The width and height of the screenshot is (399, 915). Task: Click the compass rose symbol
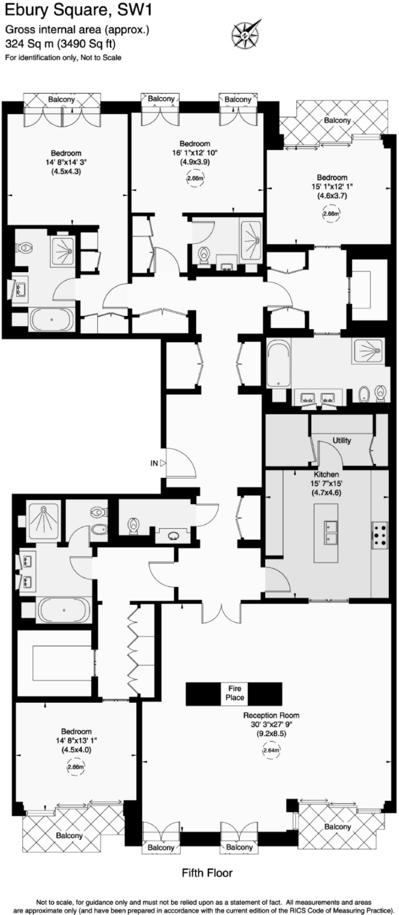tap(245, 34)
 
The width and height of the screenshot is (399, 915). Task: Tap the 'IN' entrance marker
tap(154, 463)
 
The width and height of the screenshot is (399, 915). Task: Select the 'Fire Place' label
tap(235, 693)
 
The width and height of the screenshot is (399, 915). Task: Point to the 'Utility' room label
tap(342, 441)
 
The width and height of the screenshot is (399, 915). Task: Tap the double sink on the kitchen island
tap(331, 533)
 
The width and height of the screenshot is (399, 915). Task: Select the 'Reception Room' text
tap(271, 715)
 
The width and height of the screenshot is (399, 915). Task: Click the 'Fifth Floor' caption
tap(207, 872)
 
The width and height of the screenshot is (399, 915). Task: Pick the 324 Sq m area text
tap(60, 44)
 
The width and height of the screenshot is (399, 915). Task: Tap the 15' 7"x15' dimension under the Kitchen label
tap(326, 483)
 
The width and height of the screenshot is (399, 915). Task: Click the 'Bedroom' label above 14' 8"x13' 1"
tap(76, 731)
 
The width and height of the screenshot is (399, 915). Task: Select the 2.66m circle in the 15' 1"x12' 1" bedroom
tap(331, 214)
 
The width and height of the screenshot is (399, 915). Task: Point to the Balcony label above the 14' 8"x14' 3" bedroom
tap(62, 100)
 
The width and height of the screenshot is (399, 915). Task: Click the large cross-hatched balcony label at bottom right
tap(337, 827)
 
